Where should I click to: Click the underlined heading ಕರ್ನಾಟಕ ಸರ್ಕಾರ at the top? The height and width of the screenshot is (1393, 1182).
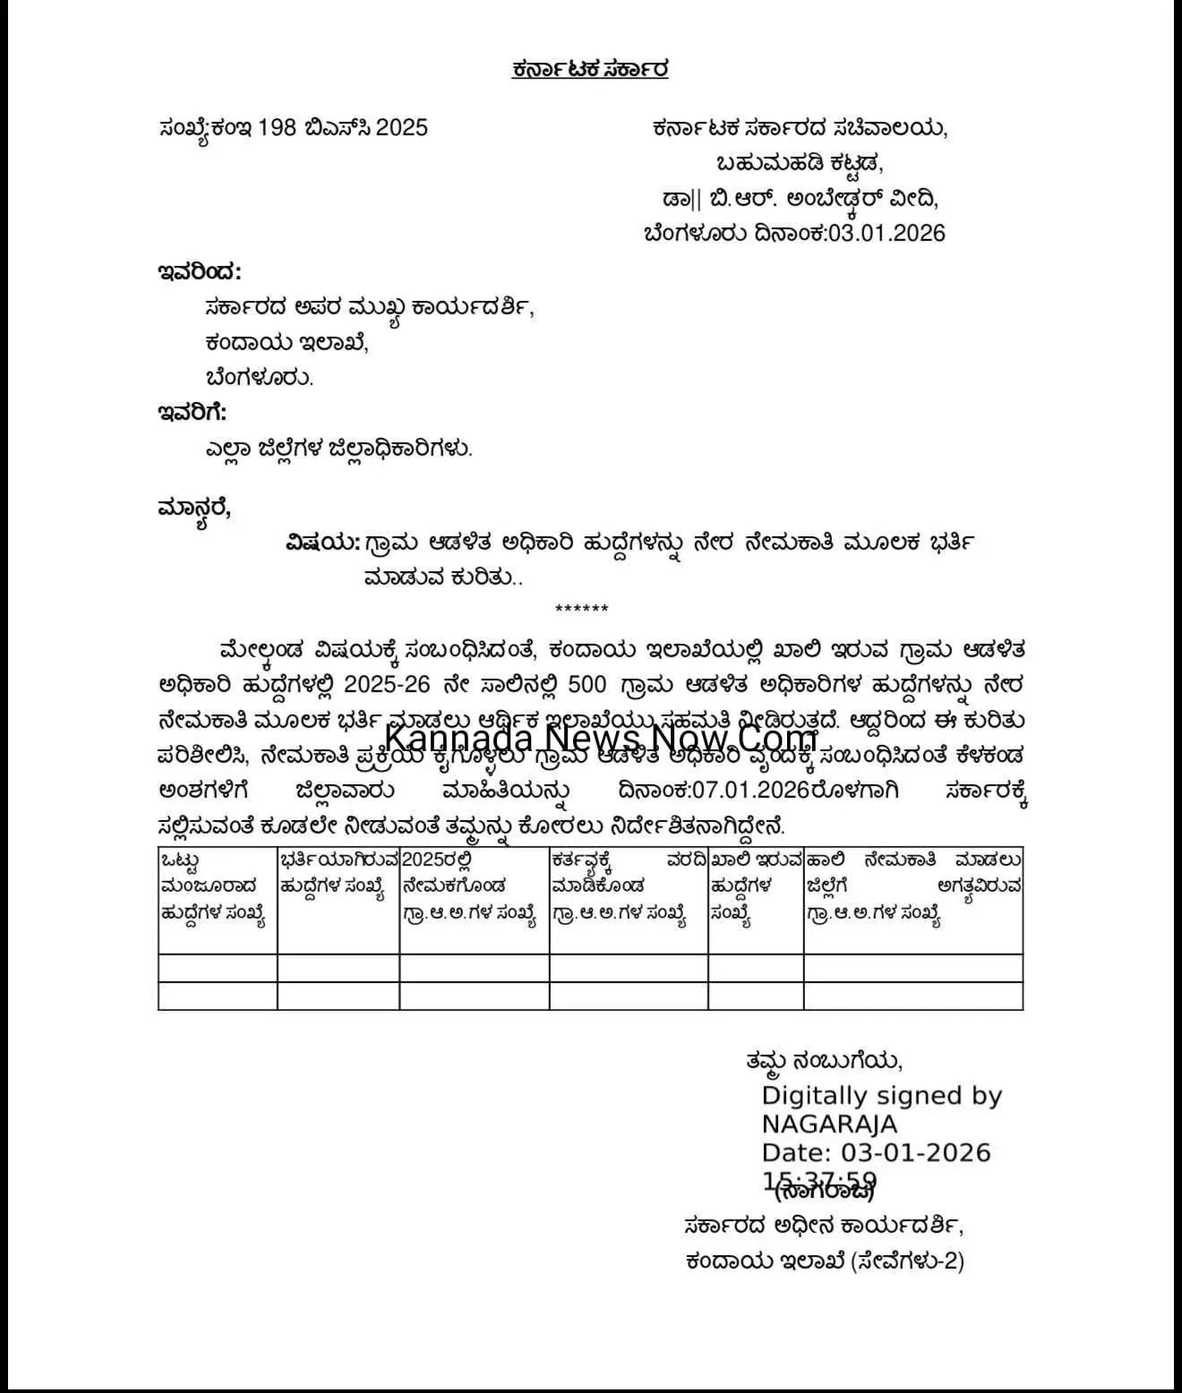click(x=590, y=70)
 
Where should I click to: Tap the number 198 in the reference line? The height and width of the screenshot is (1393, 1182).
click(x=277, y=128)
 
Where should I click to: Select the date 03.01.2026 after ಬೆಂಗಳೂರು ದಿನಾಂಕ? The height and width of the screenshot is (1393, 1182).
click(x=886, y=234)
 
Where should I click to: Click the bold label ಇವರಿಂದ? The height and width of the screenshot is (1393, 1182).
click(x=199, y=271)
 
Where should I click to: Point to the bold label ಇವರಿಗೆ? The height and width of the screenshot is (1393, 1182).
click(x=193, y=413)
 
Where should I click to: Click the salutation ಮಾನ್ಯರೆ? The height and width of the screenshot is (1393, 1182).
click(x=194, y=508)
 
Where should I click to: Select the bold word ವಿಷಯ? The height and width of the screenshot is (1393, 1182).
click(x=322, y=543)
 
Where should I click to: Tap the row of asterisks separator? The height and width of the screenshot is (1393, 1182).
click(x=582, y=610)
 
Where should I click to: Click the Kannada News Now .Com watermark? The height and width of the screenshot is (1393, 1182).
click(x=601, y=739)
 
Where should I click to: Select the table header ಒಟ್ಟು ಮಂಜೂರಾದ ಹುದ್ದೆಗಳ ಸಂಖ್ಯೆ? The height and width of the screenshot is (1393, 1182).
click(x=215, y=886)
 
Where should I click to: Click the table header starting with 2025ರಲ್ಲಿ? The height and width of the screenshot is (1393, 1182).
click(x=471, y=886)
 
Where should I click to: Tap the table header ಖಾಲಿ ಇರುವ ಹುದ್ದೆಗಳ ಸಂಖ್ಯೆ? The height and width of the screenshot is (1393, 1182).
click(x=755, y=886)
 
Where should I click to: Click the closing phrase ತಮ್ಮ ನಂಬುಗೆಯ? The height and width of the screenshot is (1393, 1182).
click(x=824, y=1061)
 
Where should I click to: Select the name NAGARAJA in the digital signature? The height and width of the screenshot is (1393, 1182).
click(x=829, y=1124)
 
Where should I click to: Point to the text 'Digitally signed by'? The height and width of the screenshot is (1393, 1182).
click(x=882, y=1096)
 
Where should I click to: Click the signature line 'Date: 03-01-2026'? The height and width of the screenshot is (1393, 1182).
click(x=877, y=1152)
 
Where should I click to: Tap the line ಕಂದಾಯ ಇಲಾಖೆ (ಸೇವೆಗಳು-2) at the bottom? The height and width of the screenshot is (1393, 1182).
click(x=825, y=1261)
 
